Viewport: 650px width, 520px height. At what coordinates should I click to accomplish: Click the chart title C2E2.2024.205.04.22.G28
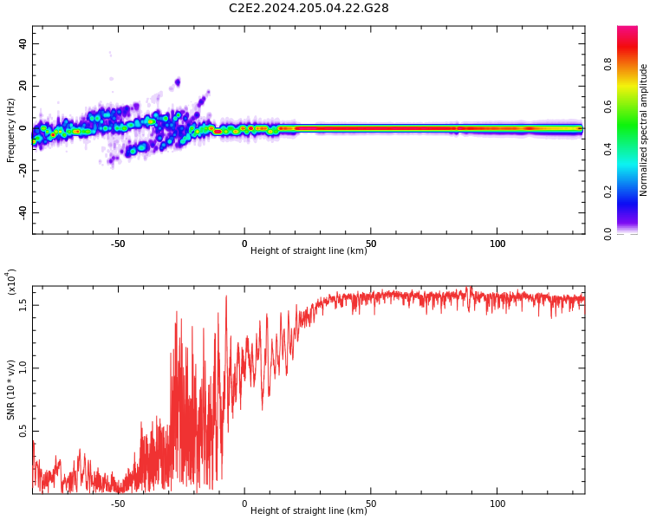coord(309,8)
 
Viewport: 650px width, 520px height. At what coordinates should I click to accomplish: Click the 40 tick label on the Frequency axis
coord(23,44)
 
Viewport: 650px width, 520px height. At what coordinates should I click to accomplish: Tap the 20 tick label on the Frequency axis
coord(23,86)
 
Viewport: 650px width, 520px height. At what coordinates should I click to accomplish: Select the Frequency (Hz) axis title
coord(11,129)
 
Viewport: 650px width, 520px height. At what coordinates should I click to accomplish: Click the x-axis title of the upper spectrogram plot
coord(309,251)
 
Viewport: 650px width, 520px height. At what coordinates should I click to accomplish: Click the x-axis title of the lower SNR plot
coord(309,511)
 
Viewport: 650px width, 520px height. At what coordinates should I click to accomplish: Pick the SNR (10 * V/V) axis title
coord(11,389)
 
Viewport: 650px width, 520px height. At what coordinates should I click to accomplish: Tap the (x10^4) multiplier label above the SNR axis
coord(11,281)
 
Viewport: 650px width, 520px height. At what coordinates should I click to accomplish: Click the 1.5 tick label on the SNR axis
coord(23,304)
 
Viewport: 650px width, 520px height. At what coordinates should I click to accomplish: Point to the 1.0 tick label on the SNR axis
coord(23,367)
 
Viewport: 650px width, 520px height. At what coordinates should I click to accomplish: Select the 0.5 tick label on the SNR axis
coord(23,431)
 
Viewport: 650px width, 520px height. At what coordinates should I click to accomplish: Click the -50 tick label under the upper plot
coord(118,244)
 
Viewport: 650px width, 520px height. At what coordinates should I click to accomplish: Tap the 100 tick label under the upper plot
coord(497,244)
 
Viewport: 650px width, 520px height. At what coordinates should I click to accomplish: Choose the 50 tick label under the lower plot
coord(371,504)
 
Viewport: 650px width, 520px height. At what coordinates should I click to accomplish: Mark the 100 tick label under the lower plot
coord(497,504)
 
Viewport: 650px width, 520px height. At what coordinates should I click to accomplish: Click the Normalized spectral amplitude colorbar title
coord(644,129)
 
